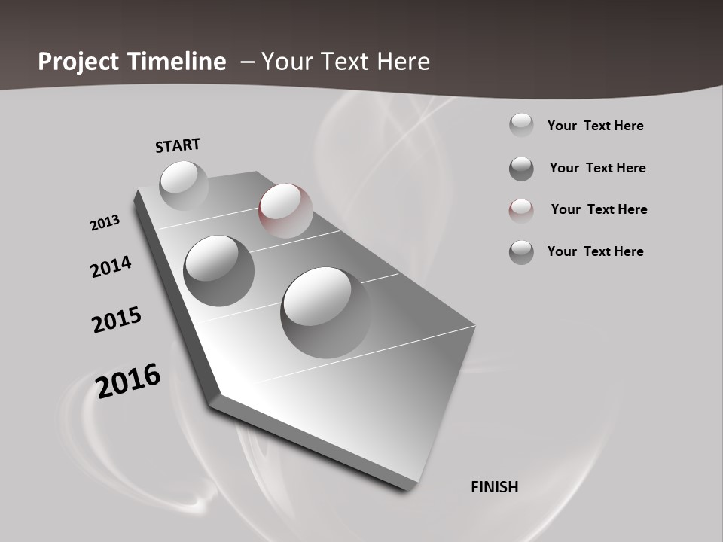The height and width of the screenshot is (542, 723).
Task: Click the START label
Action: click(178, 145)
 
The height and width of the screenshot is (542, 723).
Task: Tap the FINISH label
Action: click(495, 487)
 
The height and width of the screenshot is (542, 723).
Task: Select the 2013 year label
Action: click(105, 223)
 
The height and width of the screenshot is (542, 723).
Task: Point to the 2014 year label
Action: click(111, 266)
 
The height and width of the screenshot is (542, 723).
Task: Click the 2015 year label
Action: click(117, 320)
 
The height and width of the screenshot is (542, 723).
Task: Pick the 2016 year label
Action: click(128, 380)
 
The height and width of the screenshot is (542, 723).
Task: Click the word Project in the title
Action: click(79, 62)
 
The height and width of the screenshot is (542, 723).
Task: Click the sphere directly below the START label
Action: click(184, 185)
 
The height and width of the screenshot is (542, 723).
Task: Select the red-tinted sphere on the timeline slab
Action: click(285, 210)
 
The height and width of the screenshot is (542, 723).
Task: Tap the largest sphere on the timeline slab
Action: click(325, 312)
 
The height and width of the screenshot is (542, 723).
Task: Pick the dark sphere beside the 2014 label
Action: click(218, 269)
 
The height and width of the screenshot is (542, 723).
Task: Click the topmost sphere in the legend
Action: click(521, 125)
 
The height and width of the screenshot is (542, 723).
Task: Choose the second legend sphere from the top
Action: click(521, 169)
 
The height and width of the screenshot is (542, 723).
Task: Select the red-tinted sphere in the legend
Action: click(521, 211)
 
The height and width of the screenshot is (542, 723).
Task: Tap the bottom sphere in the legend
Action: click(521, 252)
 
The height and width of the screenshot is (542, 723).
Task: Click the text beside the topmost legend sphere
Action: click(595, 126)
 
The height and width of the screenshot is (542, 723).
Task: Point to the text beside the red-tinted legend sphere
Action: click(599, 209)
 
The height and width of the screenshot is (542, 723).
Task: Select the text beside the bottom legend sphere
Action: click(595, 251)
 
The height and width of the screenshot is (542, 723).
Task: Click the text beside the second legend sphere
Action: click(597, 168)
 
